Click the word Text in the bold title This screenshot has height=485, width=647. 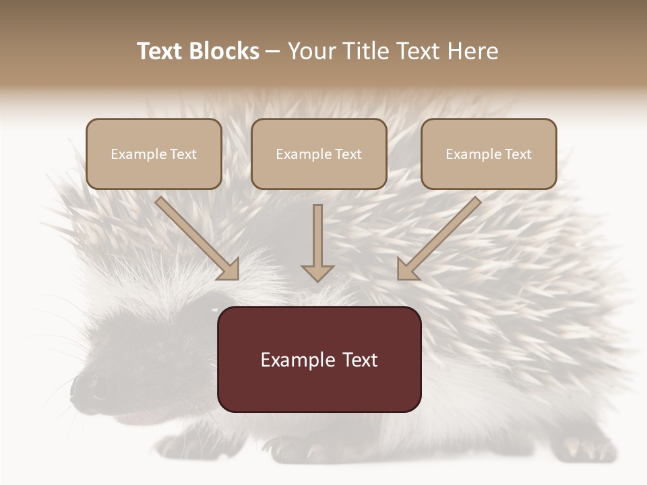[160, 51]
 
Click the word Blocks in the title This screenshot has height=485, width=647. [224, 51]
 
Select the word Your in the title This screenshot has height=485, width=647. [311, 51]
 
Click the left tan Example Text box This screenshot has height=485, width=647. [154, 154]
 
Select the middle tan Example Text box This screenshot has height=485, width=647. [319, 154]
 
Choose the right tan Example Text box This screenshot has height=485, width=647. [489, 154]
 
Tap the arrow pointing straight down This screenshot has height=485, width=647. [317, 243]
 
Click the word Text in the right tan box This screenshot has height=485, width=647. [518, 154]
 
